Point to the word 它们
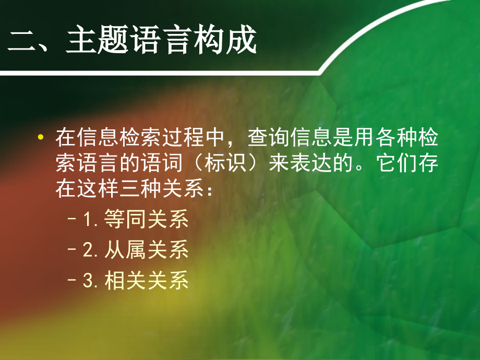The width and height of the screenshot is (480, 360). tap(397, 165)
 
